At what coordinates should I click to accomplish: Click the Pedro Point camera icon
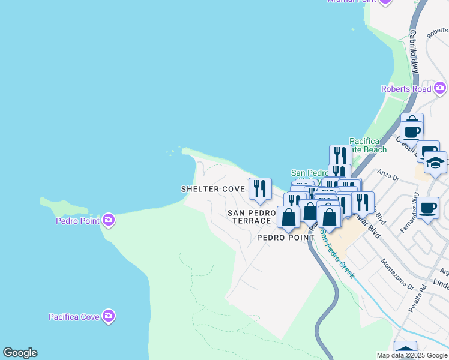tap(109, 220)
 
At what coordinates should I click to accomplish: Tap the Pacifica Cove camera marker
tap(109, 316)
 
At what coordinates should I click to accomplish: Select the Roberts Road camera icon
tap(440, 89)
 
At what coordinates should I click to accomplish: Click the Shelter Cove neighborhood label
tap(213, 189)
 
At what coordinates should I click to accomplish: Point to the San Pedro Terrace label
tap(251, 217)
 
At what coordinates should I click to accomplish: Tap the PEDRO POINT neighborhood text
tap(286, 238)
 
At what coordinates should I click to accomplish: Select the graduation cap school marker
tap(435, 163)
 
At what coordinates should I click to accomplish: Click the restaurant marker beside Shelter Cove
tap(260, 188)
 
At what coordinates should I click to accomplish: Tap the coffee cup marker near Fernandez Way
tap(428, 208)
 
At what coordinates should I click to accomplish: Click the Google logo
tap(20, 353)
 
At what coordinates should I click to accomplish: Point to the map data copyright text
tap(412, 355)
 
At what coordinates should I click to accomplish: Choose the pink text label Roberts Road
tap(406, 89)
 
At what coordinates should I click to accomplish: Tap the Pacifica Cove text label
tap(74, 316)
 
